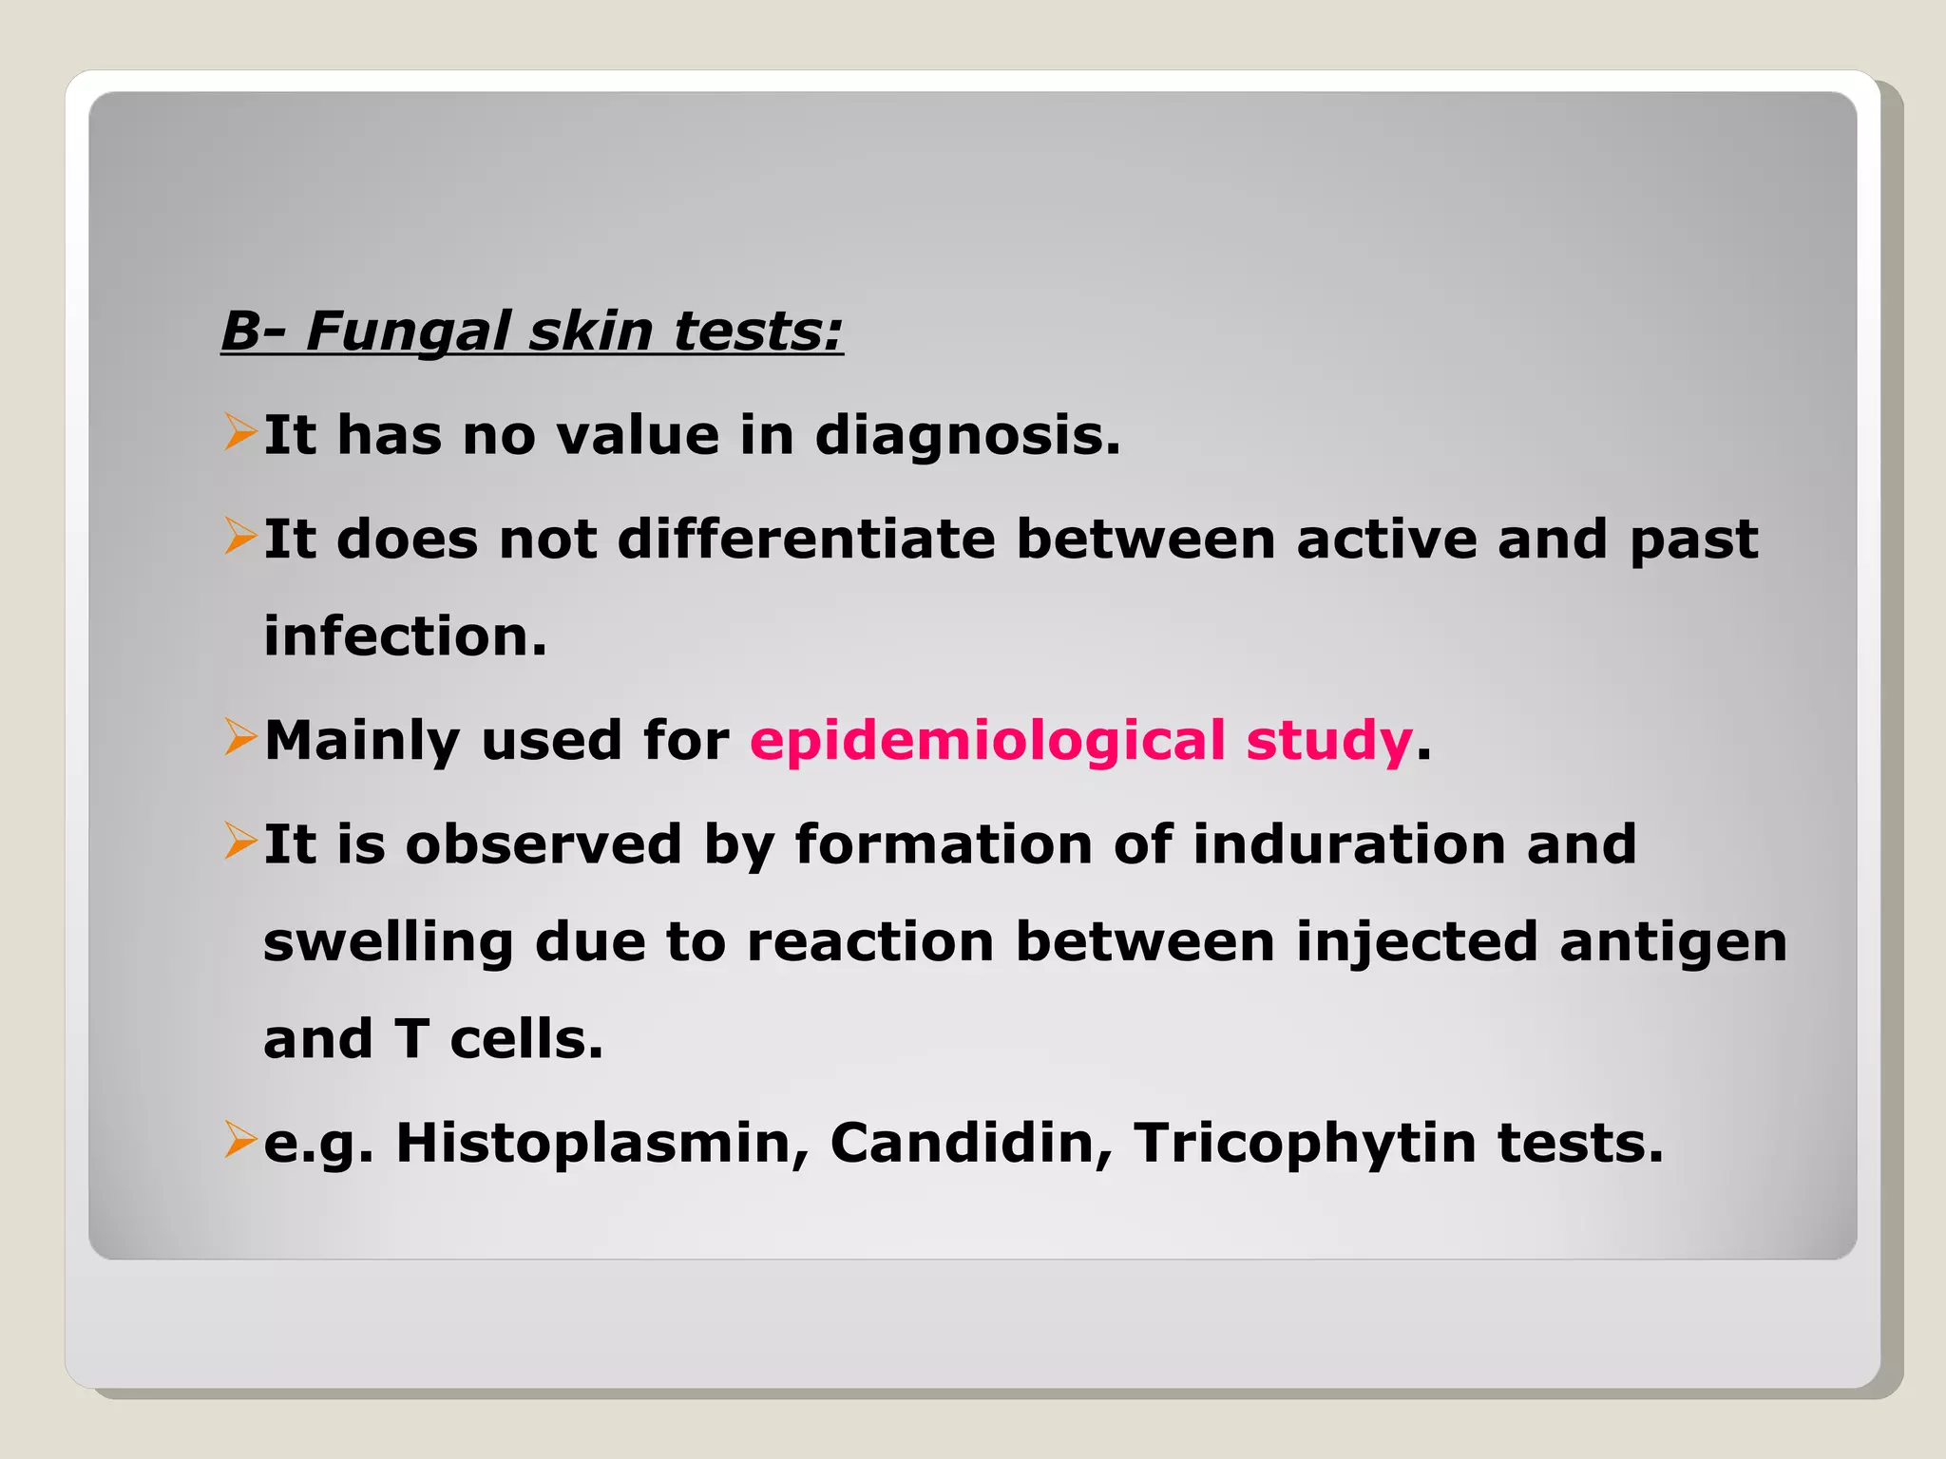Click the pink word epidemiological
pyautogui.click(x=987, y=740)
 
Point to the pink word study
pyautogui.click(x=1328, y=740)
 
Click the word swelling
pyautogui.click(x=388, y=942)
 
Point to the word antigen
pyautogui.click(x=1672, y=942)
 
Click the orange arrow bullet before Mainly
pyautogui.click(x=239, y=738)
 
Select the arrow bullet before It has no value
pyautogui.click(x=239, y=432)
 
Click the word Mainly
pyautogui.click(x=362, y=740)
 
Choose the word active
pyautogui.click(x=1386, y=540)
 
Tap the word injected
pyautogui.click(x=1417, y=942)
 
